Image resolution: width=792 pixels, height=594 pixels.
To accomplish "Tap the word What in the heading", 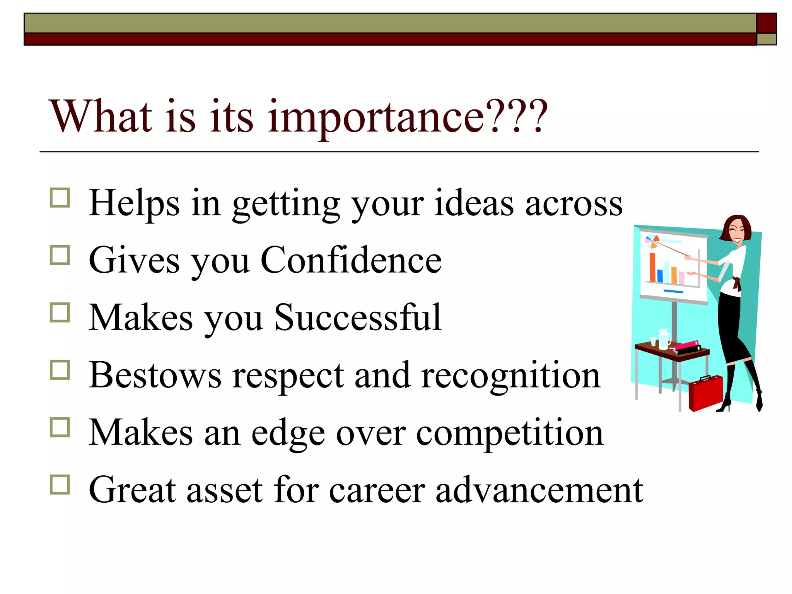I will click(101, 116).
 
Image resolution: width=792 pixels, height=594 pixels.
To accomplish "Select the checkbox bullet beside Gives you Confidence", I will click(60, 256).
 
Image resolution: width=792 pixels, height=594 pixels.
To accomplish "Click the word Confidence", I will click(351, 260).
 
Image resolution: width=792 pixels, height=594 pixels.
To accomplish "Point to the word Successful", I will click(357, 317).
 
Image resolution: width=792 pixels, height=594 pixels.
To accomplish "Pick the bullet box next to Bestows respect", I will click(60, 370).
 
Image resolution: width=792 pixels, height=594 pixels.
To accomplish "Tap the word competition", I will click(509, 433).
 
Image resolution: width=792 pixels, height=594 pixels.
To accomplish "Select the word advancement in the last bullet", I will click(539, 490).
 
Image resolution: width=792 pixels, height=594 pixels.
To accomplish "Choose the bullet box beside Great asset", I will click(60, 485).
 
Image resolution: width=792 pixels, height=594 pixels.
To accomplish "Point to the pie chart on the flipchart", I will click(652, 242).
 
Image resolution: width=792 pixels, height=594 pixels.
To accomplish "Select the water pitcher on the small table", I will click(664, 339).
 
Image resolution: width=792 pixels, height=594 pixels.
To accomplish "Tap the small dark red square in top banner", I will click(766, 23).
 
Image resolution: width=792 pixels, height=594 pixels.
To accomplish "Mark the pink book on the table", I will click(686, 345).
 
